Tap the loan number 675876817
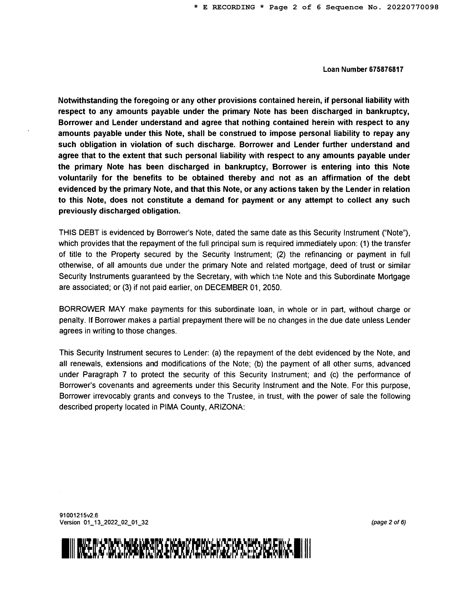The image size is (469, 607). tap(386, 69)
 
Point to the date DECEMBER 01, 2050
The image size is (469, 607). tap(243, 287)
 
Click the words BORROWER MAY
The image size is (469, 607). tap(92, 309)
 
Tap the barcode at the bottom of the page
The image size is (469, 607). tap(186, 548)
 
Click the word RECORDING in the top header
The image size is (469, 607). tap(233, 7)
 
